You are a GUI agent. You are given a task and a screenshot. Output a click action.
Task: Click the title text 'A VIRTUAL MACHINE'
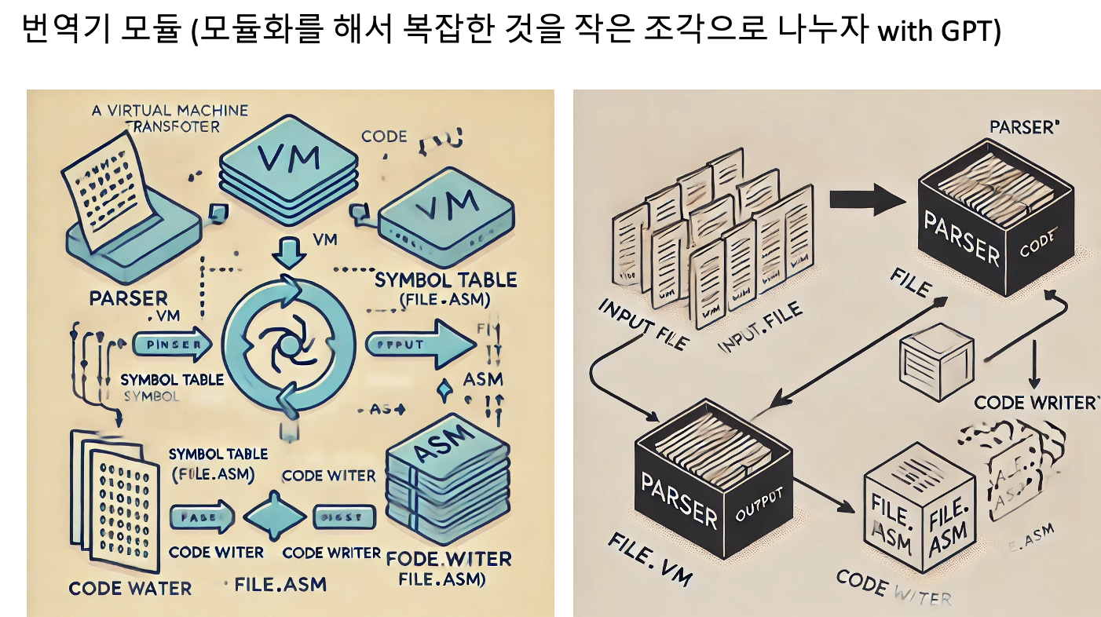point(170,111)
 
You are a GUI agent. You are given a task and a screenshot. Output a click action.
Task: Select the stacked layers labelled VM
point(289,168)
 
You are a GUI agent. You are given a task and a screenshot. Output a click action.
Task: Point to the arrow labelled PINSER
point(172,345)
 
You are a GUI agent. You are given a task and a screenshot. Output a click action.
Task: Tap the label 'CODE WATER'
point(130,588)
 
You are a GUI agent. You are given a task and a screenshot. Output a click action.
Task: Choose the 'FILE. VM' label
point(649,560)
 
